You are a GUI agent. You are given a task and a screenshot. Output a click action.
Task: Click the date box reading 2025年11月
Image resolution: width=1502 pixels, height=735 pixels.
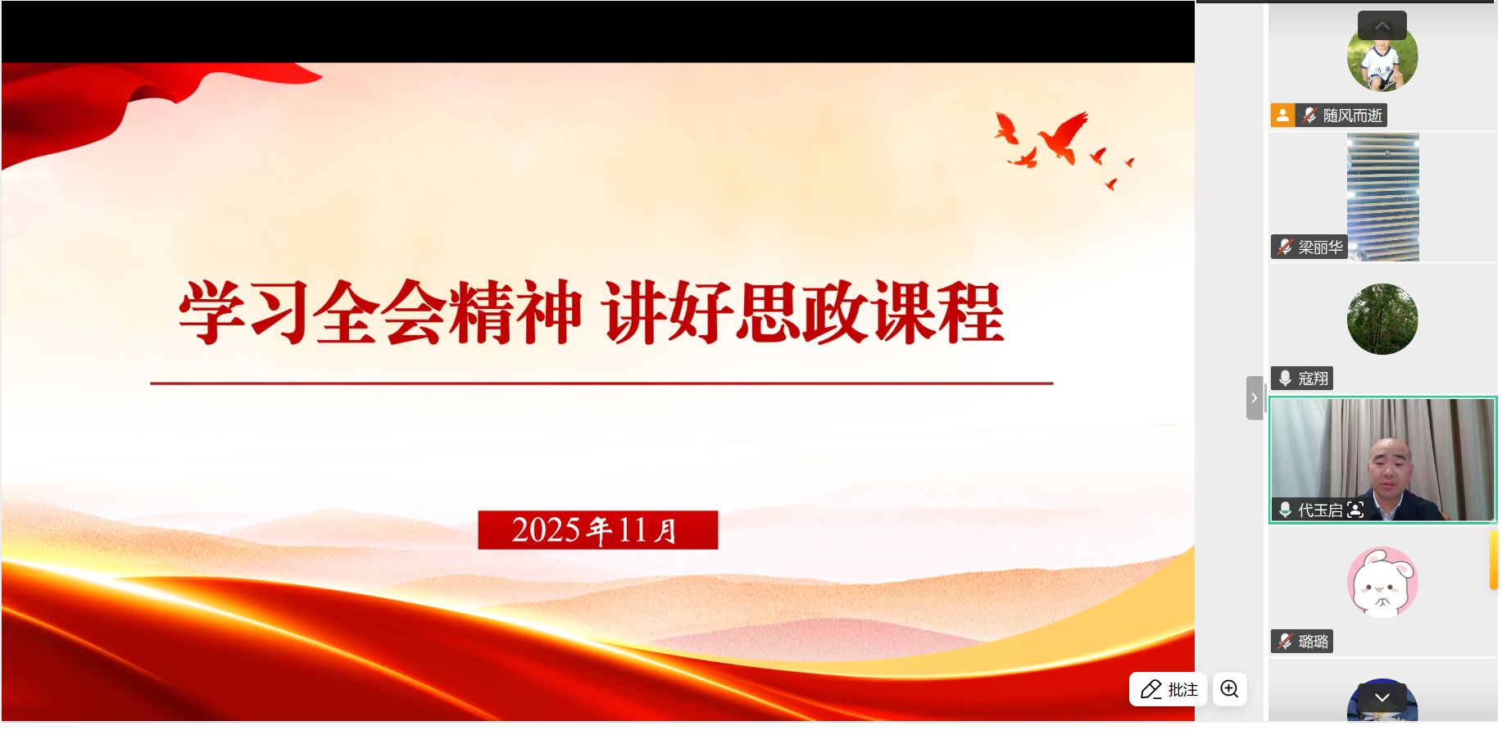click(597, 530)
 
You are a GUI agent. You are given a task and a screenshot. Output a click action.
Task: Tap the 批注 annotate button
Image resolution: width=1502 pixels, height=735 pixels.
click(1168, 689)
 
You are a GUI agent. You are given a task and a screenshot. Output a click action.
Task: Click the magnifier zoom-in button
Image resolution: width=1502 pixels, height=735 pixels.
click(1229, 689)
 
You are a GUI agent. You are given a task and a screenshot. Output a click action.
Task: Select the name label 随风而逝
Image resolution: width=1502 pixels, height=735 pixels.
click(1351, 116)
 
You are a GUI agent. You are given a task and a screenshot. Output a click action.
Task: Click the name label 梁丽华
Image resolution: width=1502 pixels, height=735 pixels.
click(1319, 247)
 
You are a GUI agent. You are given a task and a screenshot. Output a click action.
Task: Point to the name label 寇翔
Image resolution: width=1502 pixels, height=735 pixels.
click(1312, 379)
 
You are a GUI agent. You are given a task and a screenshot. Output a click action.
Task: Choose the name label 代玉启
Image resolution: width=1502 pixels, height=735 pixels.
click(1319, 510)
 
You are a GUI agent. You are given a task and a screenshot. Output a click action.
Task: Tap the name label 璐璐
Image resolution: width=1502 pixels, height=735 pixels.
click(1312, 642)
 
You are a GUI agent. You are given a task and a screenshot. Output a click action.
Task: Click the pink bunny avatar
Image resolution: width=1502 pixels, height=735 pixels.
click(1382, 582)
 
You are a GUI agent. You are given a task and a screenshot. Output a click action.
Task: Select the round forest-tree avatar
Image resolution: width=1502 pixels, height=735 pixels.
click(1382, 319)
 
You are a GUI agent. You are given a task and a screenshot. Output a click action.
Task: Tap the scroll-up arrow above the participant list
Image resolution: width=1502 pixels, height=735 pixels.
click(1382, 25)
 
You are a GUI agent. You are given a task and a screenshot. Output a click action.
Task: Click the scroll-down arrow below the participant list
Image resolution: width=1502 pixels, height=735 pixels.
click(1382, 697)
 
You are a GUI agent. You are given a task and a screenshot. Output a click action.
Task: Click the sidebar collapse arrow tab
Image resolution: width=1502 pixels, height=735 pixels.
click(1254, 397)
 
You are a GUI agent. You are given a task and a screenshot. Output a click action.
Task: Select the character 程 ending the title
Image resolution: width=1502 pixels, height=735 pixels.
click(972, 312)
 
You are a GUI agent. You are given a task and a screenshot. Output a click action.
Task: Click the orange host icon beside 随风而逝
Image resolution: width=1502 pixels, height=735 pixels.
click(1282, 116)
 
